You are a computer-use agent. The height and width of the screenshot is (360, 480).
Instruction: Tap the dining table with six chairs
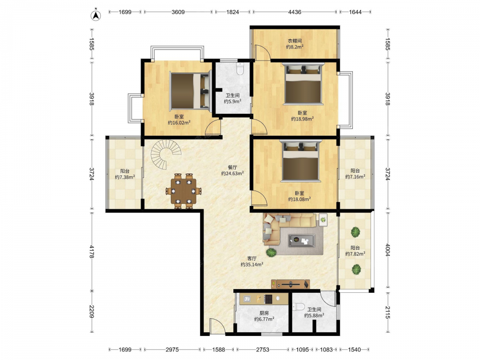(x=184, y=191)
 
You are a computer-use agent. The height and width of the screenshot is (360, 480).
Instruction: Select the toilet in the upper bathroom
(x=240, y=69)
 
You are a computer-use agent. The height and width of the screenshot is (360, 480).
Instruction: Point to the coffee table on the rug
(x=301, y=240)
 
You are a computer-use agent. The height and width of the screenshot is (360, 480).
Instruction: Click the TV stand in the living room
(x=290, y=284)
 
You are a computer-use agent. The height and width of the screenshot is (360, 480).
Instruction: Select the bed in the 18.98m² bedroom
(x=303, y=84)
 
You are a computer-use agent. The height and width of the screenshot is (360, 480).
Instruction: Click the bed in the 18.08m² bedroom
(x=300, y=161)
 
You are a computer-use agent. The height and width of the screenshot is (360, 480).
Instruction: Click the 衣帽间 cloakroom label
(x=295, y=41)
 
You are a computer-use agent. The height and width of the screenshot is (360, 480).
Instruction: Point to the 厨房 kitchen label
(x=264, y=313)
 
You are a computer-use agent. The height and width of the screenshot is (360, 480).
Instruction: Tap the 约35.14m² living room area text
(x=252, y=264)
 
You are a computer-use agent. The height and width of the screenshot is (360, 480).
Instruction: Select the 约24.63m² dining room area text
(x=232, y=173)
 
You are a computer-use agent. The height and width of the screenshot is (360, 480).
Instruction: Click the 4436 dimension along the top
(x=295, y=12)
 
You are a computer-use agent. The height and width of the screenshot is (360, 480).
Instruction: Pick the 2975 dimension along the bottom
(x=172, y=349)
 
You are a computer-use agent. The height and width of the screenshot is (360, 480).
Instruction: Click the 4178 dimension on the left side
(x=92, y=251)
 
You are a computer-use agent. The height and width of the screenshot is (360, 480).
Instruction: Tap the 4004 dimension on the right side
(x=387, y=251)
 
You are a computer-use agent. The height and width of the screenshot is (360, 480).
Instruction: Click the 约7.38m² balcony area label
(x=125, y=177)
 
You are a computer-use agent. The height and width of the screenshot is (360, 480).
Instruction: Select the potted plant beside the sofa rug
(x=271, y=252)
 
